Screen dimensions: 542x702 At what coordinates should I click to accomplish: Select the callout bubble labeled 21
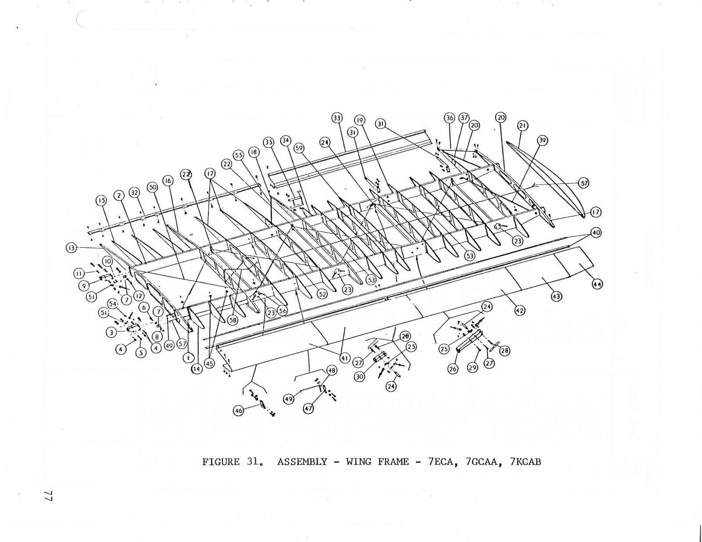pos(522,126)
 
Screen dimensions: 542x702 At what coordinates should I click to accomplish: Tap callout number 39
pos(543,140)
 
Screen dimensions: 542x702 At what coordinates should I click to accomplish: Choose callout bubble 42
pos(519,310)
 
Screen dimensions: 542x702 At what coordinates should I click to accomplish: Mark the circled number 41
pos(344,358)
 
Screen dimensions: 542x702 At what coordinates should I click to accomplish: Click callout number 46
pos(239,411)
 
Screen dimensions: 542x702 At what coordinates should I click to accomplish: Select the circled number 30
pos(360,376)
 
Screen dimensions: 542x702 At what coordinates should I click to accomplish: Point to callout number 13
pos(70,248)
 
